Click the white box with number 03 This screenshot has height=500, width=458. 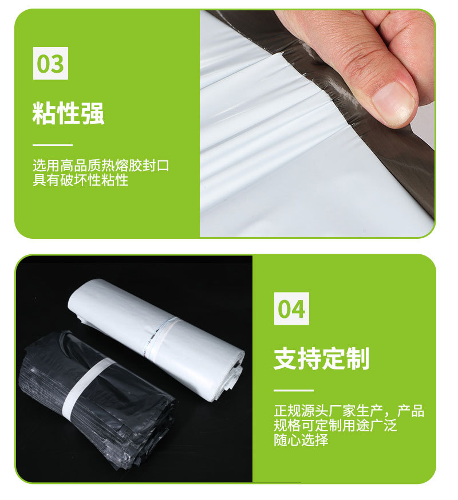50,63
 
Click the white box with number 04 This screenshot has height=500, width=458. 291,308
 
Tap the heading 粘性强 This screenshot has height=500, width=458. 68,113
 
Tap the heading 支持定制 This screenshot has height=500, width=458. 321,359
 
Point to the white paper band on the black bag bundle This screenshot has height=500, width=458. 86,384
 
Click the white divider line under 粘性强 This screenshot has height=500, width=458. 53,145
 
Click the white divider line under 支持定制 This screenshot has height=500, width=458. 294,390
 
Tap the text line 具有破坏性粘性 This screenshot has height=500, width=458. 80,180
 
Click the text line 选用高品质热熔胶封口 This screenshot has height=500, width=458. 101,166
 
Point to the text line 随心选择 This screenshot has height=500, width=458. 301,440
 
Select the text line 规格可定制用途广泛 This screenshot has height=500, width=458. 335,426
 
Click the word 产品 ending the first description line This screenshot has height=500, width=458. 410,411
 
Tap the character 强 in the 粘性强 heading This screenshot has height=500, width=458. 93,113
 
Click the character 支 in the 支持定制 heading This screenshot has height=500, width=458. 285,359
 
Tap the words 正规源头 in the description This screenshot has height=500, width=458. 301,411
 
